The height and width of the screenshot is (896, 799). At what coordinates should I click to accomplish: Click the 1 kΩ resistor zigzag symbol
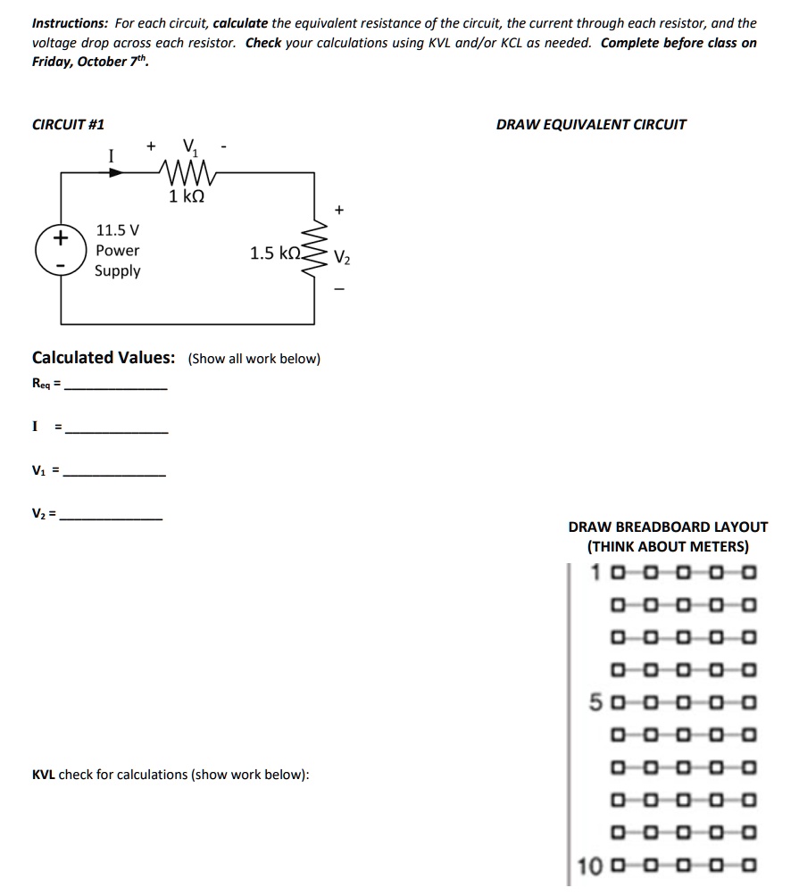(x=187, y=170)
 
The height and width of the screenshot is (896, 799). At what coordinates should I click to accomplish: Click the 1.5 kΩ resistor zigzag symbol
(x=314, y=252)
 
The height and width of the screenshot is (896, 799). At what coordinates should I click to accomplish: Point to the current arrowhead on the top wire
(x=115, y=172)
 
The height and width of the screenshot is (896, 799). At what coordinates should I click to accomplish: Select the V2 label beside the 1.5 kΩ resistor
(x=343, y=260)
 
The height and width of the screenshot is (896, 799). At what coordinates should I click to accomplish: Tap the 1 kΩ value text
(x=187, y=196)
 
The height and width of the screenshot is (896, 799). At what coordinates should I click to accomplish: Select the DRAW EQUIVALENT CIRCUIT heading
(x=591, y=125)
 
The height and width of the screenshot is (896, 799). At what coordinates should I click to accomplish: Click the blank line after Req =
(x=116, y=387)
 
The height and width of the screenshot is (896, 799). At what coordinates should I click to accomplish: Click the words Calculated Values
(x=104, y=358)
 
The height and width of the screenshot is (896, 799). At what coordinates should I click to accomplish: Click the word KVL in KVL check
(x=44, y=775)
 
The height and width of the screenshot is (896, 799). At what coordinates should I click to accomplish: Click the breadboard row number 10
(x=590, y=866)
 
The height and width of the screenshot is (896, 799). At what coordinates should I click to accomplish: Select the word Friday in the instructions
(x=54, y=62)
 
